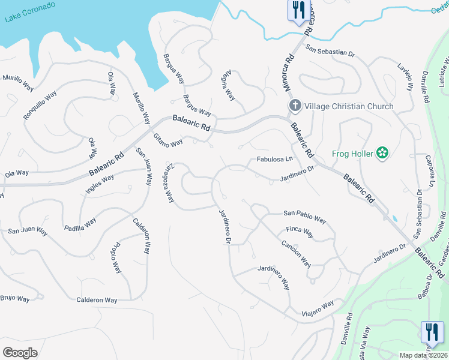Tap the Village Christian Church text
pos(349,106)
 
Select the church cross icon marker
pos(295,106)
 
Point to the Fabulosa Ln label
pos(274,159)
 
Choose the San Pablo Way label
pos(304,216)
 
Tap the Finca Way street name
pos(300,232)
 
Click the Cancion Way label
pos(296,253)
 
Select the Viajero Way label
pos(318,308)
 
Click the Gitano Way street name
pos(167,141)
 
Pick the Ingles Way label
pos(99,181)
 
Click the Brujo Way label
pos(14,298)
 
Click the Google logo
pos(20,353)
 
